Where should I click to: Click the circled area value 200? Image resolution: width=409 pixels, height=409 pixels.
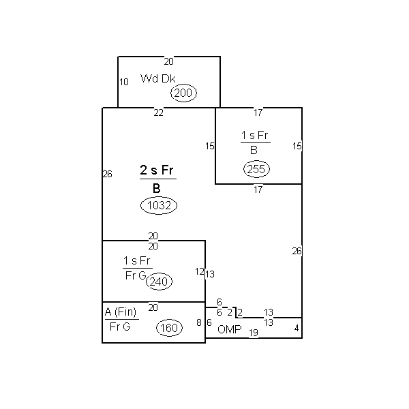183,93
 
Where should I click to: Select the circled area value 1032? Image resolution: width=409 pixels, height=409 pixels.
159,205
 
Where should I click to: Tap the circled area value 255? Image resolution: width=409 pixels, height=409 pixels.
256,169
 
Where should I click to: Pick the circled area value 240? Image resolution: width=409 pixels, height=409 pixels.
159,282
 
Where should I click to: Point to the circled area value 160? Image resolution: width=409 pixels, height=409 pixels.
169,328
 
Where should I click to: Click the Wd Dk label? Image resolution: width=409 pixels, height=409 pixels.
158,78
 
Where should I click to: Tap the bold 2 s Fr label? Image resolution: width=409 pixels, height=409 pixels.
157,170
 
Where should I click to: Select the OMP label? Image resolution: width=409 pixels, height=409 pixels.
230,329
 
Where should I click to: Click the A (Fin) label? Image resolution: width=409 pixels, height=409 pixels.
121,312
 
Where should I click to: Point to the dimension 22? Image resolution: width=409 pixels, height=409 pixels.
159,112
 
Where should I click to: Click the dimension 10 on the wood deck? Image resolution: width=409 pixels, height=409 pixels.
124,82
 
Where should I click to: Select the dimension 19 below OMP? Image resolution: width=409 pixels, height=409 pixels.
254,333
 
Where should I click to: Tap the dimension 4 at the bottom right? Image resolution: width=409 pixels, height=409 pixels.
297,328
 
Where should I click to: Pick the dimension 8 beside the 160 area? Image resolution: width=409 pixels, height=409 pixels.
199,322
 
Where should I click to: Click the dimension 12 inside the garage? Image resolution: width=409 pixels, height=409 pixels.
200,271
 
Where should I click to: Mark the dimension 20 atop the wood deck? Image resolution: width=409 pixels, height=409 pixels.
169,61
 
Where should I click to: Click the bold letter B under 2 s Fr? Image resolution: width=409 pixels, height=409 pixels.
157,188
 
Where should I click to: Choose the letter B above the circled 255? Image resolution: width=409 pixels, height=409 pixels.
254,150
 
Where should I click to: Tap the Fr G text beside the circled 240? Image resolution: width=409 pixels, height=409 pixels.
136,275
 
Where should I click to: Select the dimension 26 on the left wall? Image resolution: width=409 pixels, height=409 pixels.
108,174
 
